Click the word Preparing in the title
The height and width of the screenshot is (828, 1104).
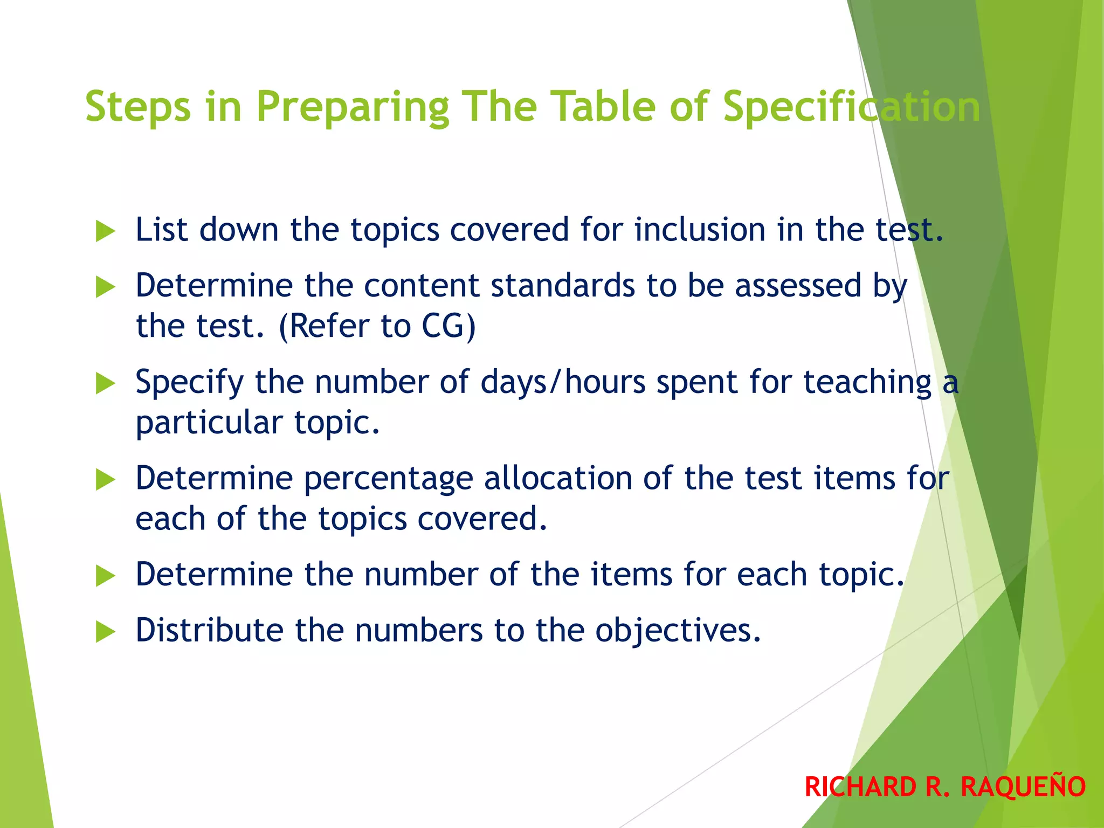point(353,107)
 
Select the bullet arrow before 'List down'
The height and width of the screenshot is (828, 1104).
point(105,231)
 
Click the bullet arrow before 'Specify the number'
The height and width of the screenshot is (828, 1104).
point(105,383)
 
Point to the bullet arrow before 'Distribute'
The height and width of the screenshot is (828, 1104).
point(105,631)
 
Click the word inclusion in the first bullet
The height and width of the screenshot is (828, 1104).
point(700,230)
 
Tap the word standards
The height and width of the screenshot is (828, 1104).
point(563,285)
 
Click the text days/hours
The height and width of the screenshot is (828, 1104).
point(563,382)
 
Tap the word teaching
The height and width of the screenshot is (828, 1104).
point(868,382)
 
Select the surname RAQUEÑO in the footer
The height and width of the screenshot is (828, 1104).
point(1023,786)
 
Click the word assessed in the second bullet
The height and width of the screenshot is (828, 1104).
point(798,285)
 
